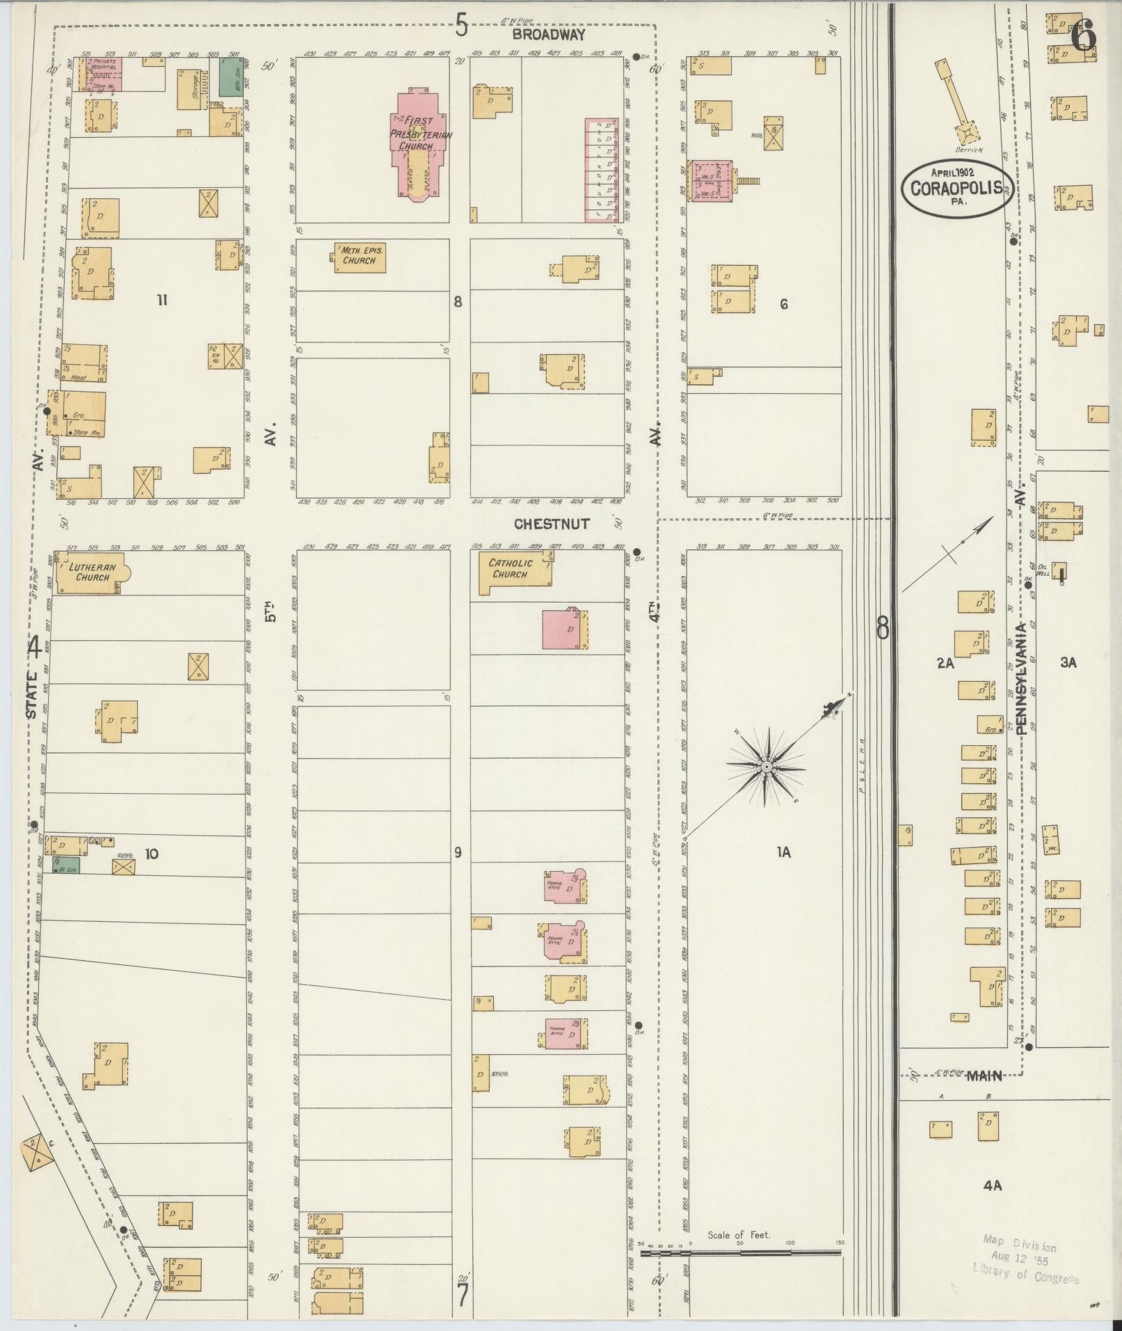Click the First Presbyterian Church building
pyautogui.click(x=420, y=143)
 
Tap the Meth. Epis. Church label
pyautogui.click(x=359, y=255)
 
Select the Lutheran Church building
pyautogui.click(x=90, y=573)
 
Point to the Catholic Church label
pyautogui.click(x=510, y=568)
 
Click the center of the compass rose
pyautogui.click(x=765, y=767)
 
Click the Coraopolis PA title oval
pyautogui.click(x=956, y=187)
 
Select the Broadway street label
pyautogui.click(x=548, y=34)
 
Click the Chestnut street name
pyautogui.click(x=551, y=524)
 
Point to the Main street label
pyautogui.click(x=984, y=1076)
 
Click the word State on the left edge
pyautogui.click(x=32, y=695)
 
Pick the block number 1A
pyautogui.click(x=783, y=852)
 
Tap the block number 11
pyautogui.click(x=162, y=301)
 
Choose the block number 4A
pyautogui.click(x=992, y=1186)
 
